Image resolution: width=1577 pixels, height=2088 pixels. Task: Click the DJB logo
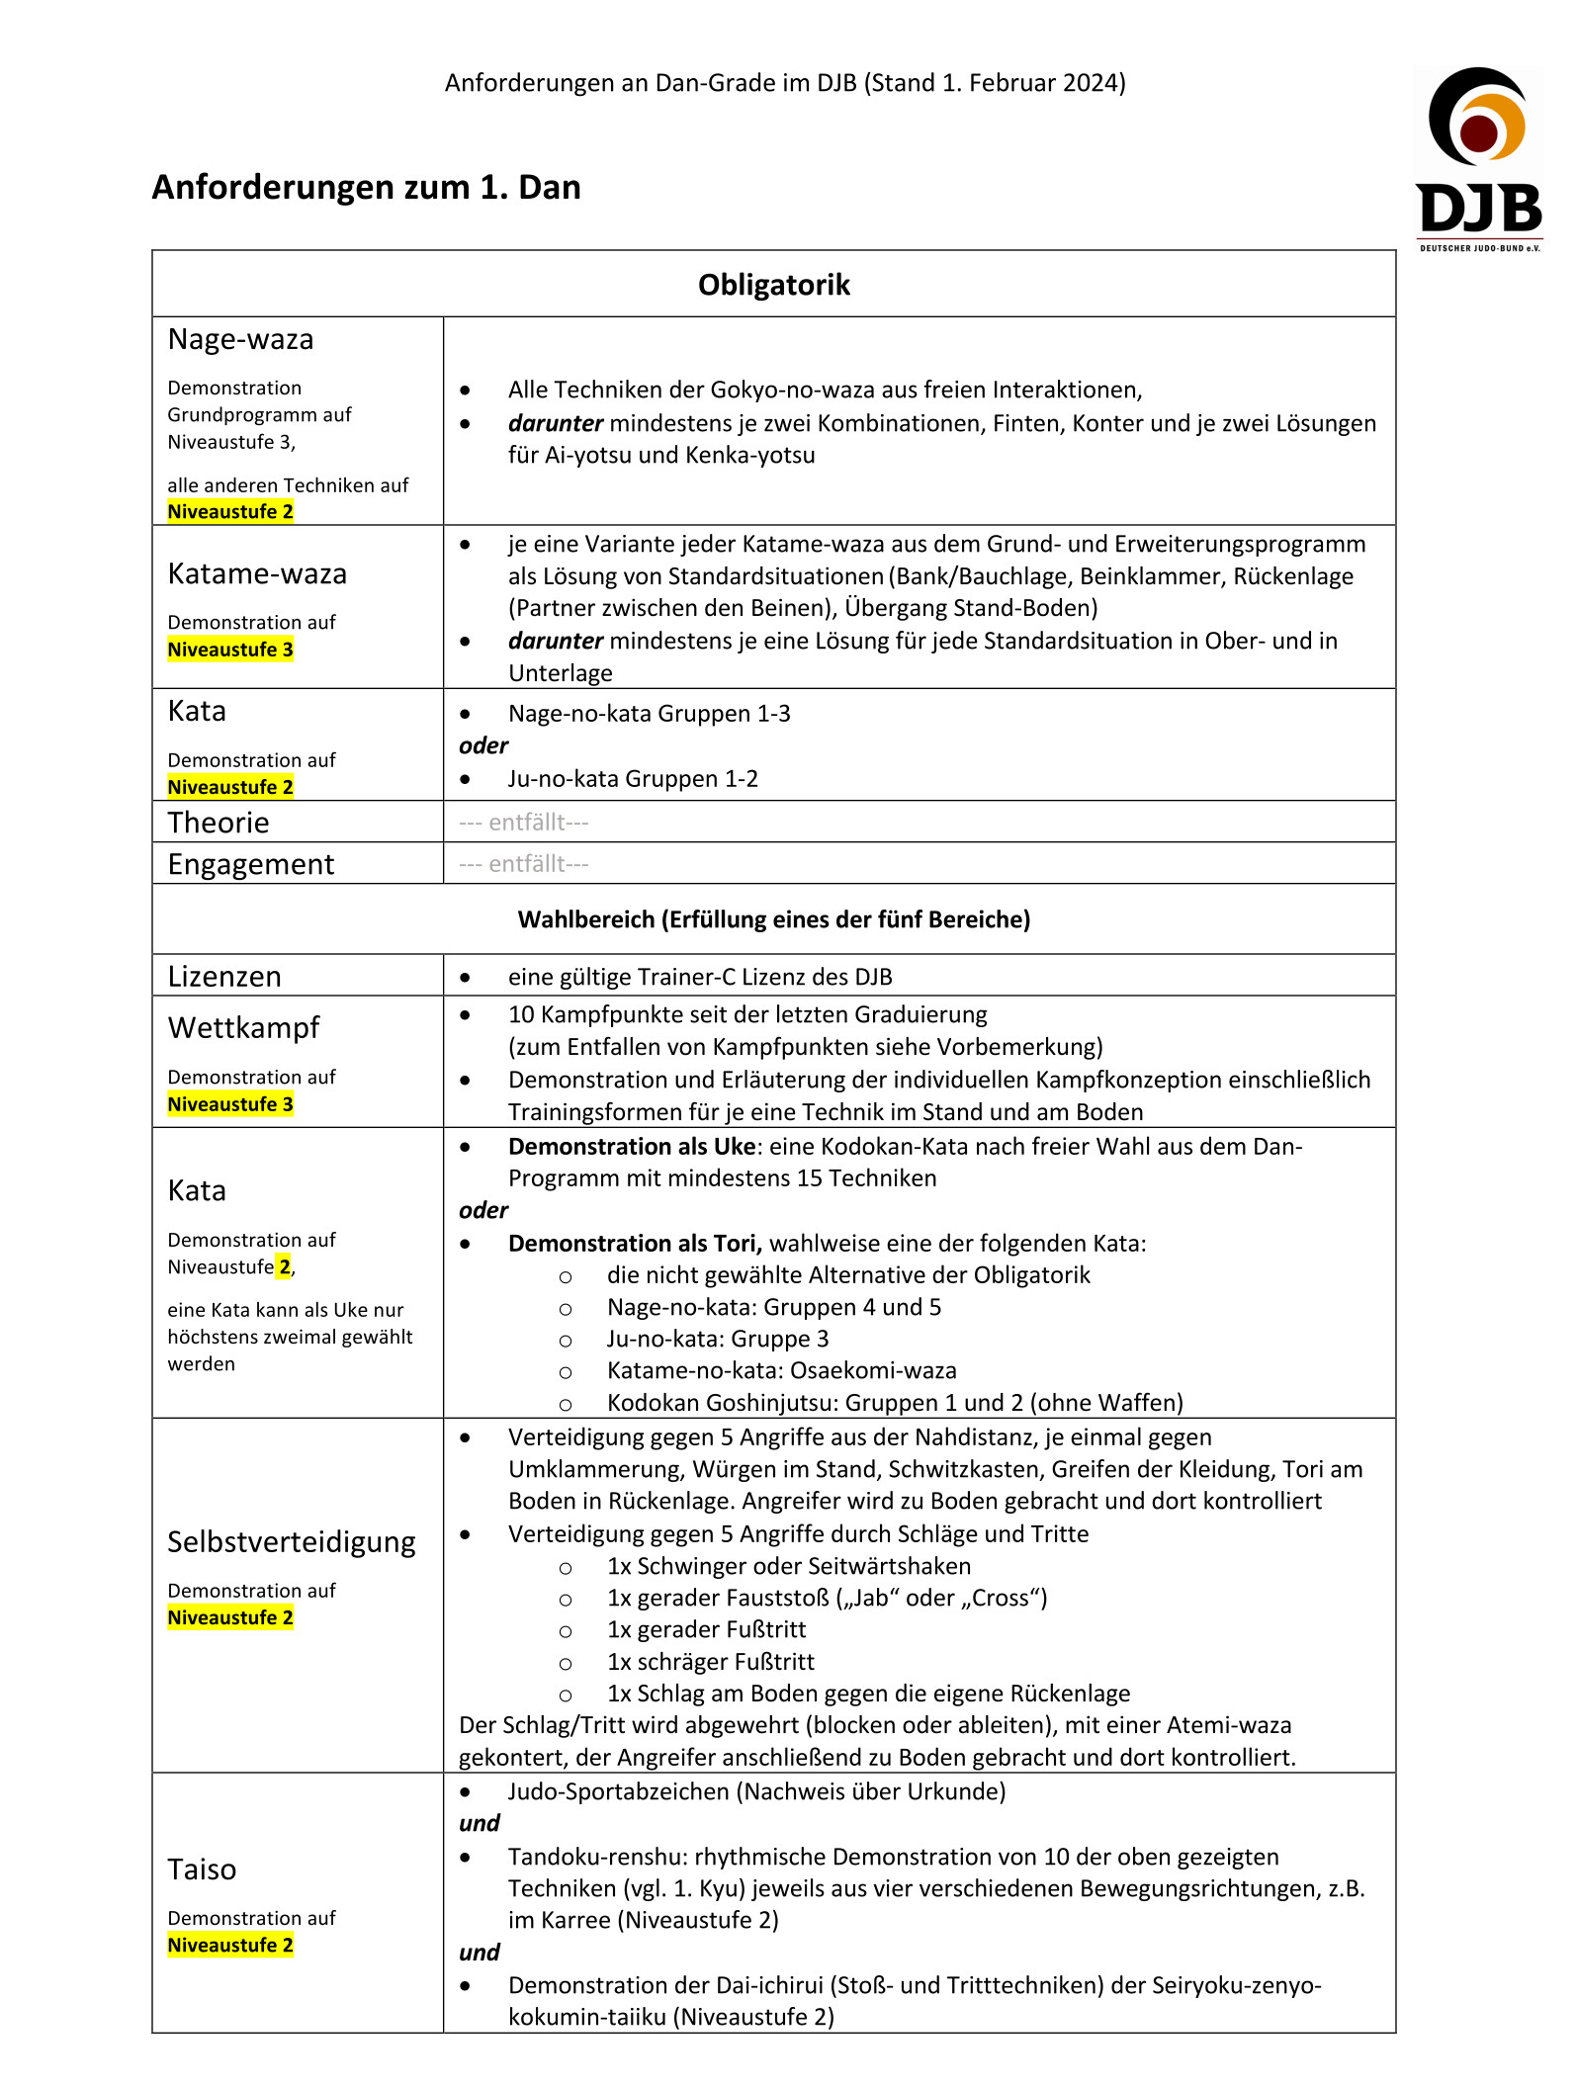(1478, 158)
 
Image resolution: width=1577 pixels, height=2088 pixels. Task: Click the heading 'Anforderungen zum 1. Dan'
(366, 187)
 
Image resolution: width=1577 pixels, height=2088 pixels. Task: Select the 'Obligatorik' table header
(773, 285)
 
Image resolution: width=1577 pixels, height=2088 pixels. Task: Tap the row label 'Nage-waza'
(240, 339)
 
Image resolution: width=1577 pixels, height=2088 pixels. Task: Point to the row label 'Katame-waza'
(257, 573)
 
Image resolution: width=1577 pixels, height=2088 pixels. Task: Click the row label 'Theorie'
(219, 823)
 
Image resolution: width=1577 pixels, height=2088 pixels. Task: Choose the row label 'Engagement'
(251, 864)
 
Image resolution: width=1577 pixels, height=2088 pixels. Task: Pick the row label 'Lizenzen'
(224, 977)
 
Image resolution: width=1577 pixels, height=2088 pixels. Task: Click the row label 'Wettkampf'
(243, 1028)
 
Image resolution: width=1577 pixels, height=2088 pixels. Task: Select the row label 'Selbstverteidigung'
(292, 1542)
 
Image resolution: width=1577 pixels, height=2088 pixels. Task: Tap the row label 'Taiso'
(202, 1870)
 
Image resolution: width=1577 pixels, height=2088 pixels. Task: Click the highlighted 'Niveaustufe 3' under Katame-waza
(230, 650)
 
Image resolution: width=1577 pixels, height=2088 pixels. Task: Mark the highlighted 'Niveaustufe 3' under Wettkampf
(230, 1104)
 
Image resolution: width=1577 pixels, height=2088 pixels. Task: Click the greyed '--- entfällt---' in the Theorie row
(523, 823)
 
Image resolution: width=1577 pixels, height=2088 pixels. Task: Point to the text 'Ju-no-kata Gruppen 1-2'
(633, 779)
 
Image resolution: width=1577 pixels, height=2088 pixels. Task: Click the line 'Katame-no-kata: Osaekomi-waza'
(781, 1370)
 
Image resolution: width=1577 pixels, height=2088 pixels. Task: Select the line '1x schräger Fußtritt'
(710, 1662)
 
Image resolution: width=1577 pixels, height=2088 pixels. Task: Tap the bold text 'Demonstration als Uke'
(631, 1147)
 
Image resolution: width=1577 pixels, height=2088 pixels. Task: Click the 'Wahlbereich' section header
(773, 919)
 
